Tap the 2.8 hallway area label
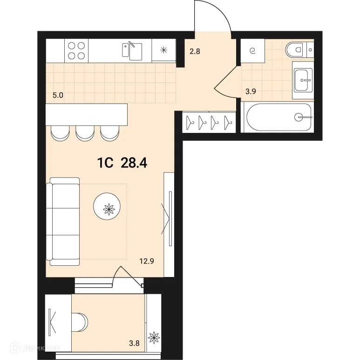(194, 51)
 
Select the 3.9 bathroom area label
(251, 91)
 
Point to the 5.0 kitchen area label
(58, 95)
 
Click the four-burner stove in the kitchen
(76, 50)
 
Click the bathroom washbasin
(303, 81)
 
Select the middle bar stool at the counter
(85, 133)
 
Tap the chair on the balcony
(80, 322)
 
